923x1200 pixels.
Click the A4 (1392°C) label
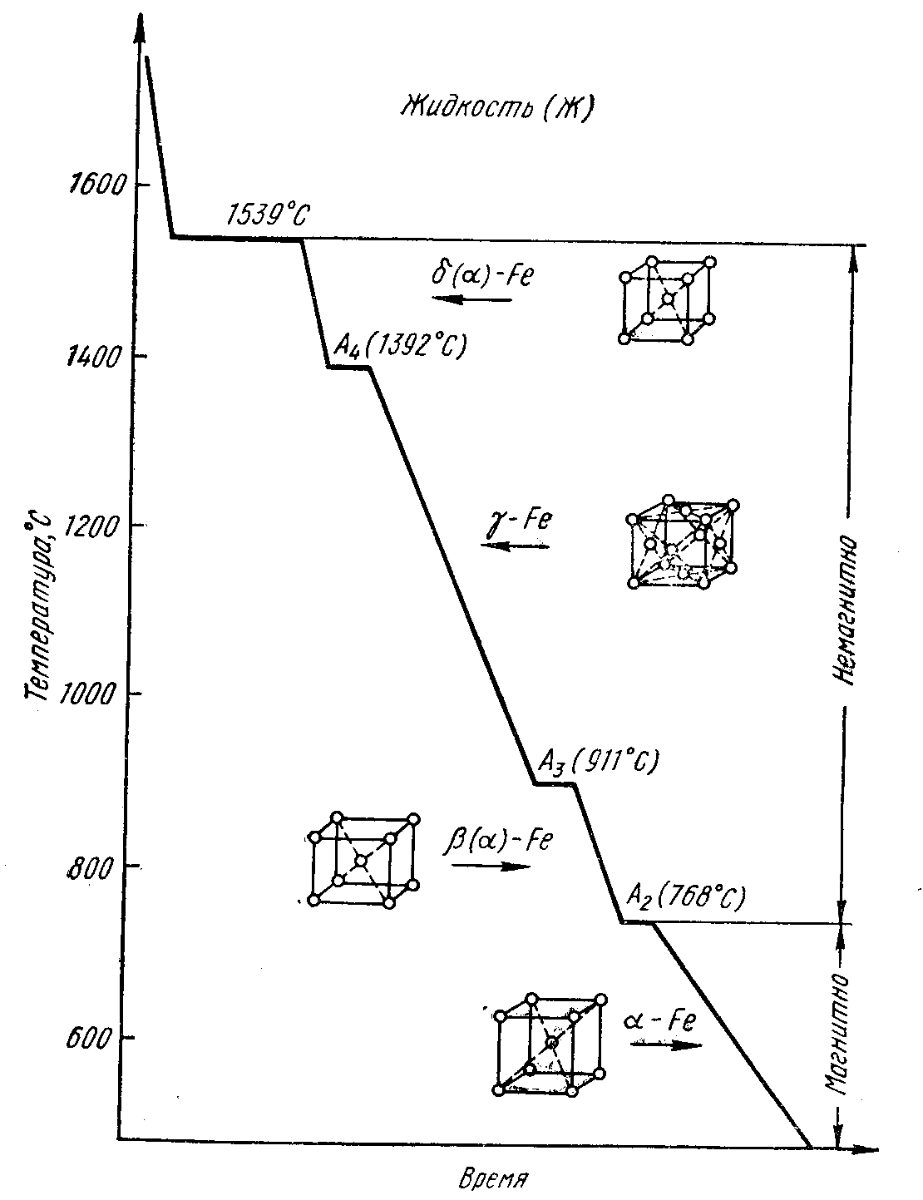coord(400,344)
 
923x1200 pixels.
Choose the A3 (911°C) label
coord(599,760)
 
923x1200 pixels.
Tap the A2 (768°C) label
coord(686,897)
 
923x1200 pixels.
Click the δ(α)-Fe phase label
coord(480,274)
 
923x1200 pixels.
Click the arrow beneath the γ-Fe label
coord(515,546)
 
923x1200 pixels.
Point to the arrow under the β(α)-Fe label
coord(491,866)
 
